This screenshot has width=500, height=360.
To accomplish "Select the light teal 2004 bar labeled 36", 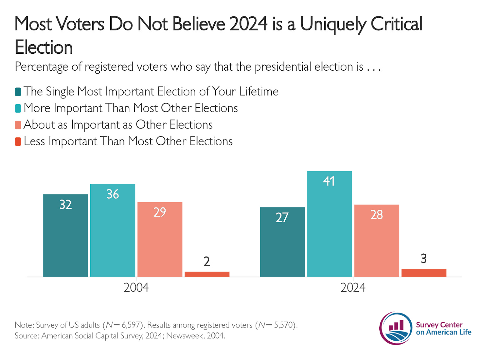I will coord(112,230).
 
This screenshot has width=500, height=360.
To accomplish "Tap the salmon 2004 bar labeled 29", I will coord(160,239).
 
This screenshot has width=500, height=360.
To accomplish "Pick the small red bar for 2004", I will coord(207,274).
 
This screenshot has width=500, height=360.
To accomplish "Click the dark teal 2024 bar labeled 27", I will coord(282,242).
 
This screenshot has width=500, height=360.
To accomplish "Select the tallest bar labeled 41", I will coord(329,224).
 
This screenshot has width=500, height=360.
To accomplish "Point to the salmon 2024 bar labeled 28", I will coord(377,241).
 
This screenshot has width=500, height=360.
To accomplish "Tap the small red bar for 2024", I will coord(424,273).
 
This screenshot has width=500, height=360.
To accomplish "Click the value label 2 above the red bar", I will coord(207,262).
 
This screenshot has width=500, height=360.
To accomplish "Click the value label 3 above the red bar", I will coord(423,259).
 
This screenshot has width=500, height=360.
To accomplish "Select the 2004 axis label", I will coord(136,287).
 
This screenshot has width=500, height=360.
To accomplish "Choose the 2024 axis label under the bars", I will coord(353,287).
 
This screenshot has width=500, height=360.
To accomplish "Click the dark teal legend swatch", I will coord(18,92).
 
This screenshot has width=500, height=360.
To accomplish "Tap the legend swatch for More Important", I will coord(18,108).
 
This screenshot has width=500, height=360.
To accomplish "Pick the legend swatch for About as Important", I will coord(18,125).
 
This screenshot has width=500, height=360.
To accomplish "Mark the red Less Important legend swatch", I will coord(18,142).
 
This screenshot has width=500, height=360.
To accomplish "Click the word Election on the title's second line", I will coord(44,47).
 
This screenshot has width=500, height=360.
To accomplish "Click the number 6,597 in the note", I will coord(131,325).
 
